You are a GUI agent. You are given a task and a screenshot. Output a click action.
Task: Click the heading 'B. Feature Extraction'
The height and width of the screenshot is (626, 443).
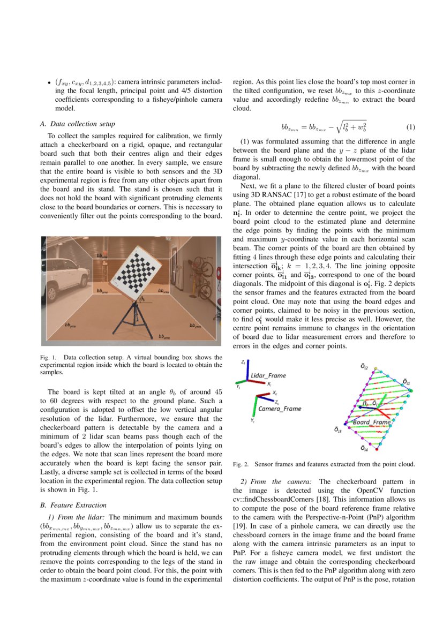pos(74,504)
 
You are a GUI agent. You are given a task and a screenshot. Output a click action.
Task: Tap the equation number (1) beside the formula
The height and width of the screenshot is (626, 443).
pos(410,127)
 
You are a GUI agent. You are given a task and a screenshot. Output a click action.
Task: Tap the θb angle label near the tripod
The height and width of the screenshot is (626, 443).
pos(142,299)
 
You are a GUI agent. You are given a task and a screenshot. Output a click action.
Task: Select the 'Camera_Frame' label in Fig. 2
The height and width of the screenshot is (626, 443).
pos(280,409)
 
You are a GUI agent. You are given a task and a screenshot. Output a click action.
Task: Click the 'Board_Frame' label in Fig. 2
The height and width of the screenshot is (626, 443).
pos(372,423)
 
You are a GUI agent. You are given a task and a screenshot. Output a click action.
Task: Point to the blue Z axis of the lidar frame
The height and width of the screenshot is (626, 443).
pos(248,371)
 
